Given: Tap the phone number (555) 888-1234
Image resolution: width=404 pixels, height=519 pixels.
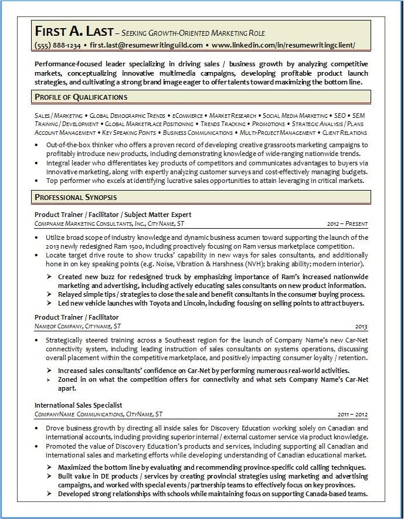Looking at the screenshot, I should tap(58, 45).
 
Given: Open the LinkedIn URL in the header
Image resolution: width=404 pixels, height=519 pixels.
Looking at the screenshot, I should tap(283, 45).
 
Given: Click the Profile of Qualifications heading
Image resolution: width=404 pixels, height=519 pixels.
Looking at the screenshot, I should tap(81, 97).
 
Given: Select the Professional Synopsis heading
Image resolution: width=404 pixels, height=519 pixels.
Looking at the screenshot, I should tap(76, 197).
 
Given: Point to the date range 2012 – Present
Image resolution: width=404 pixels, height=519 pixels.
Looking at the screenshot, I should tap(348, 223).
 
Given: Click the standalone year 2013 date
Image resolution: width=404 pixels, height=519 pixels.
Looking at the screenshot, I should tap(361, 326).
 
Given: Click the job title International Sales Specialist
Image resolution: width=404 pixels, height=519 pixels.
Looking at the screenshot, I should tap(78, 405).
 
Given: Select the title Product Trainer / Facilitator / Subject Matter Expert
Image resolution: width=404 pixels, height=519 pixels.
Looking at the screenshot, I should tap(113, 214).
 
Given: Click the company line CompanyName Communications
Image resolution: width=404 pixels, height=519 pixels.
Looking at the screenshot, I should tap(89, 414).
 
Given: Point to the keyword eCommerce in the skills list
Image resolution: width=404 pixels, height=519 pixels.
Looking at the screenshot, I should tap(187, 116).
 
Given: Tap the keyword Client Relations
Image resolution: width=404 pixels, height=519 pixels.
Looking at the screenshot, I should tap(345, 133).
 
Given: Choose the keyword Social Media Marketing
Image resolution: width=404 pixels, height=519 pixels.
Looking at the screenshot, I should tap(295, 116).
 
